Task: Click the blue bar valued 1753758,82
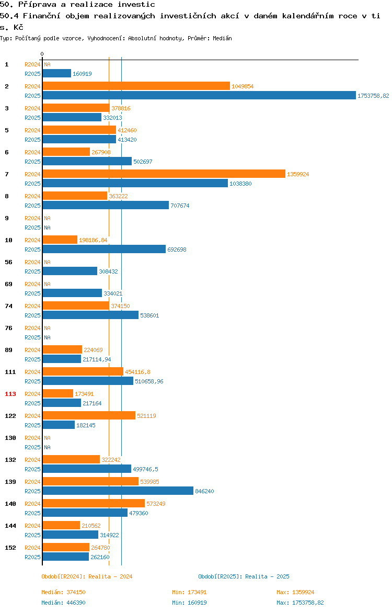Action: point(199,96)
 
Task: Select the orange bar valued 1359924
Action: point(164,174)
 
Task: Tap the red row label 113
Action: point(10,394)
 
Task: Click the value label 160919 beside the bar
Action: point(82,74)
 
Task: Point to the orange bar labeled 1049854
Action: point(136,86)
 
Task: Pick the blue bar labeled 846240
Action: point(118,491)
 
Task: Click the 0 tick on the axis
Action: point(42,54)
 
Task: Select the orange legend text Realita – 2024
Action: point(110,576)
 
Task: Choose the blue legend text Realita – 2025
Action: point(268,576)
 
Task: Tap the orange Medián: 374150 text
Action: point(64,592)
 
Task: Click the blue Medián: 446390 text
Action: point(64,603)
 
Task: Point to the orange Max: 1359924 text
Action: point(296,592)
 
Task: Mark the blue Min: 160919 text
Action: point(190,603)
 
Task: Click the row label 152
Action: point(10,548)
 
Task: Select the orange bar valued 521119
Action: point(89,416)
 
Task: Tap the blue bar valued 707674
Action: point(106,205)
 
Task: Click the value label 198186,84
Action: point(93,240)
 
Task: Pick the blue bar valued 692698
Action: point(105,250)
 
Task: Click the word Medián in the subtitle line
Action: point(222,38)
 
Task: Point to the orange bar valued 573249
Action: point(94,504)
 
